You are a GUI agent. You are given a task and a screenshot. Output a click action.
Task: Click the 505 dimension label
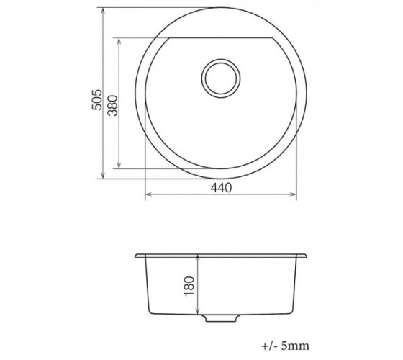(97, 100)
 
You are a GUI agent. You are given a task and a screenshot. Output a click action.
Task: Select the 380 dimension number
(112, 105)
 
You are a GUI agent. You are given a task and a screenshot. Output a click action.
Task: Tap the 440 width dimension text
(221, 188)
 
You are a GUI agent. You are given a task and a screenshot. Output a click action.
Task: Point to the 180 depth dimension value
(189, 287)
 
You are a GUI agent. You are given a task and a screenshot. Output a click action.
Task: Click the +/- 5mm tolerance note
(285, 346)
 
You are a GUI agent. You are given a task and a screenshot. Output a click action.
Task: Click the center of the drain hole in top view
(221, 78)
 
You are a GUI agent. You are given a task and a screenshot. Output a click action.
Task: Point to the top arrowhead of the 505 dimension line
(103, 11)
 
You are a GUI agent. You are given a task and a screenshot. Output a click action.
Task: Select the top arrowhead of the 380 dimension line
(119, 41)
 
